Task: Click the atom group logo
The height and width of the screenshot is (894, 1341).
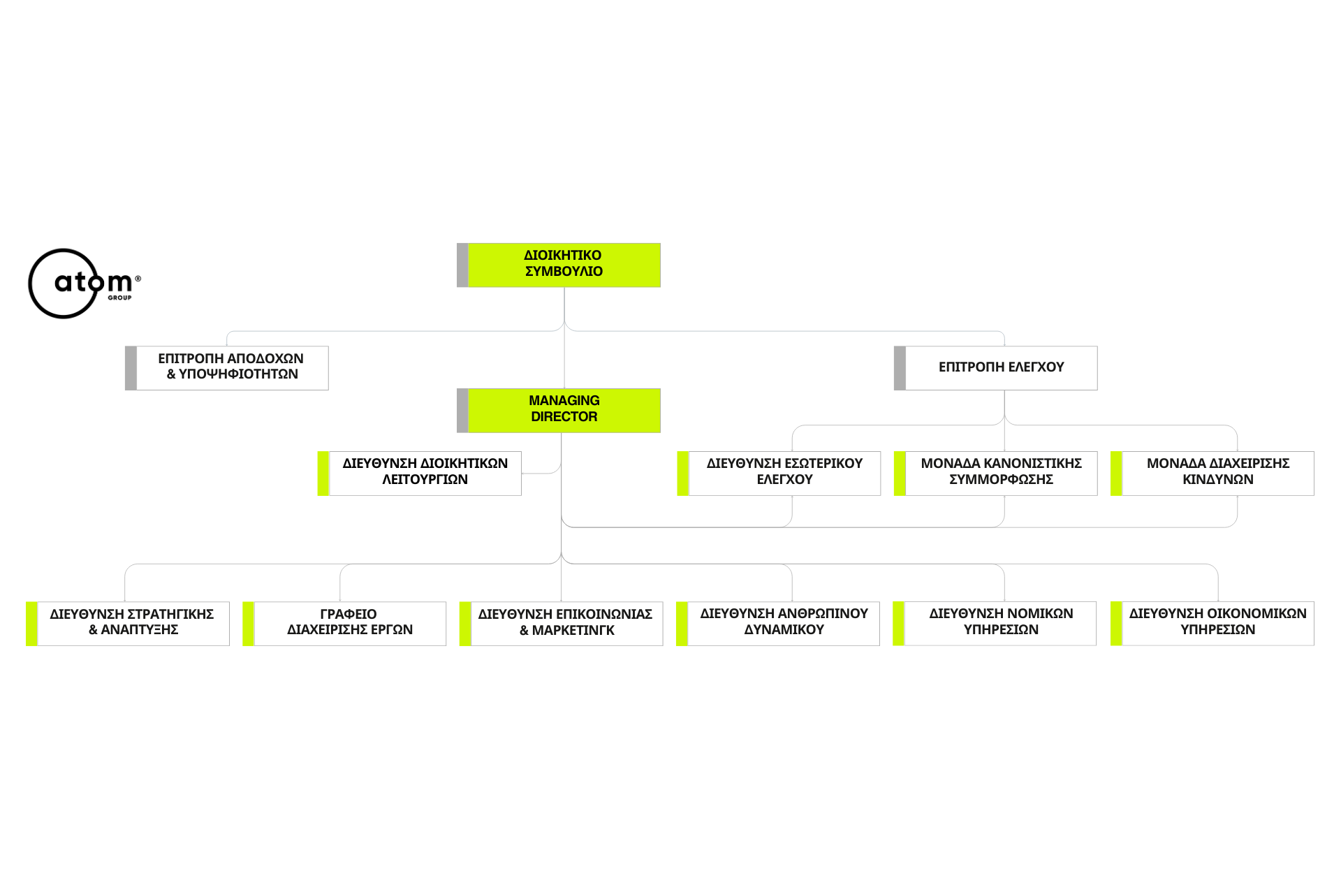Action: (x=84, y=284)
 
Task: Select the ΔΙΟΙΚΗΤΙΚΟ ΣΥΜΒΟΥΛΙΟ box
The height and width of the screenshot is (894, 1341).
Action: (x=559, y=265)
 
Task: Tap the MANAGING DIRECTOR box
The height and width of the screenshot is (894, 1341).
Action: (x=559, y=411)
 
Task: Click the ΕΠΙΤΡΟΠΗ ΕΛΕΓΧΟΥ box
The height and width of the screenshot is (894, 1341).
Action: (x=996, y=368)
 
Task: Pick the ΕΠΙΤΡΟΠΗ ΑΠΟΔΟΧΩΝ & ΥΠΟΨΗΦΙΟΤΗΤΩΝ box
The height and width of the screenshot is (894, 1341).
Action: (x=227, y=368)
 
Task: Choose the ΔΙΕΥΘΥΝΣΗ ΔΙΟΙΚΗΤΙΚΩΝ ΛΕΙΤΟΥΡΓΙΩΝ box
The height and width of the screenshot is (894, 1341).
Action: (x=420, y=474)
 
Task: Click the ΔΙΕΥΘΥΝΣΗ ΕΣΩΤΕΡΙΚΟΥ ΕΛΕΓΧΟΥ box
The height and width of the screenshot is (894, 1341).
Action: (x=779, y=474)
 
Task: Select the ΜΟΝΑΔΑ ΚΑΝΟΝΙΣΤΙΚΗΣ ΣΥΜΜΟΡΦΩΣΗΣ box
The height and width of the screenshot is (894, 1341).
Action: (x=996, y=474)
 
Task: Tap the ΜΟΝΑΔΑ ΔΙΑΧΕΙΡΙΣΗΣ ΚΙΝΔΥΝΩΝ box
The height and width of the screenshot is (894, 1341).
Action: (x=1212, y=474)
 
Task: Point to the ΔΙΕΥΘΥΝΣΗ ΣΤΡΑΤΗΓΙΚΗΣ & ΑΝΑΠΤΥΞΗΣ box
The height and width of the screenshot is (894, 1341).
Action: (x=128, y=624)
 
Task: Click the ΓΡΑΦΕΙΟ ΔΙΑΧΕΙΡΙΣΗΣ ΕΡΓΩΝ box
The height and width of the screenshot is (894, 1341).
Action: (x=344, y=624)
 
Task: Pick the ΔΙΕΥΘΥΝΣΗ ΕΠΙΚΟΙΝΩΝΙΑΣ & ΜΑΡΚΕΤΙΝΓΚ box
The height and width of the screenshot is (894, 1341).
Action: (x=561, y=624)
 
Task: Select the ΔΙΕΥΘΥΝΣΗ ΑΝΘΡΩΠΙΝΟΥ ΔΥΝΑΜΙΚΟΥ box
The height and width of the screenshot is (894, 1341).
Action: (x=778, y=624)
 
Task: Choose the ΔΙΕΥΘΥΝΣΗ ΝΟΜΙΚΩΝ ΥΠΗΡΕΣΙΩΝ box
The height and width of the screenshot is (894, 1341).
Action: (x=995, y=624)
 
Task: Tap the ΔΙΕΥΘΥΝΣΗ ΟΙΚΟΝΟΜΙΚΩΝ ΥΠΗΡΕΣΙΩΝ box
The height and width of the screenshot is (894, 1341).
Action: (x=1212, y=624)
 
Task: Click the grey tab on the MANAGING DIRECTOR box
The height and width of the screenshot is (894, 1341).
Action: (x=462, y=411)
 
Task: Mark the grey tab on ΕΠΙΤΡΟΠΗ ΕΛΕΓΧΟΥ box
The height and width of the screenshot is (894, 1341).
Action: (x=900, y=368)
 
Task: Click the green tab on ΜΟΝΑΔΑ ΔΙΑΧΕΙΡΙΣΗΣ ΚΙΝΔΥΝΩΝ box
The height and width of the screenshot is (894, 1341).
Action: (x=1116, y=474)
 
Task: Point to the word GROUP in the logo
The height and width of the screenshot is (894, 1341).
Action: (x=119, y=298)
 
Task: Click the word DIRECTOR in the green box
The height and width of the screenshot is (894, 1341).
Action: (x=564, y=417)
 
